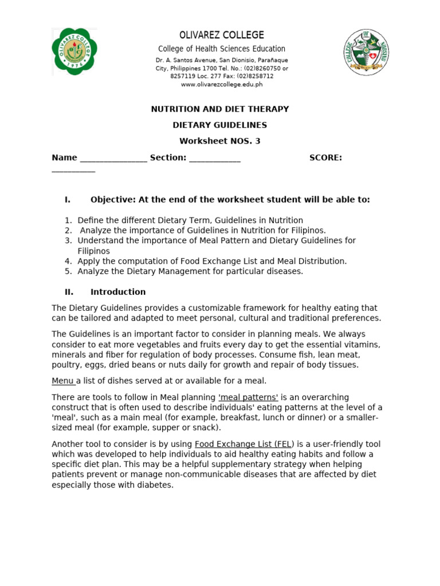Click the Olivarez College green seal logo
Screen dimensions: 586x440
(x=74, y=51)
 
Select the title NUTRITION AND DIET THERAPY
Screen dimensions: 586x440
(x=219, y=109)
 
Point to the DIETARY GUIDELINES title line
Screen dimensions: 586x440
(x=219, y=125)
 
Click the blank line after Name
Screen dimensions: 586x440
(x=113, y=158)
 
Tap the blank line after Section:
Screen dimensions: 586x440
(x=214, y=158)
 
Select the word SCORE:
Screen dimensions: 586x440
(x=325, y=157)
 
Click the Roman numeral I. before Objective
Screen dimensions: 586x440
(x=68, y=199)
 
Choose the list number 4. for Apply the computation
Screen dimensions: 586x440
(x=68, y=261)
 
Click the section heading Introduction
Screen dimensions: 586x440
(x=118, y=292)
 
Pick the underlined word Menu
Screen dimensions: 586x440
(x=62, y=381)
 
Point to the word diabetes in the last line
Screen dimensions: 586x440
(x=154, y=485)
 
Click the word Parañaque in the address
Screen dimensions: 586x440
(x=270, y=60)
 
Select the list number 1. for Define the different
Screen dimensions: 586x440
(x=68, y=220)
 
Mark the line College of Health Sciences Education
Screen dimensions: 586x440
(x=222, y=49)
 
